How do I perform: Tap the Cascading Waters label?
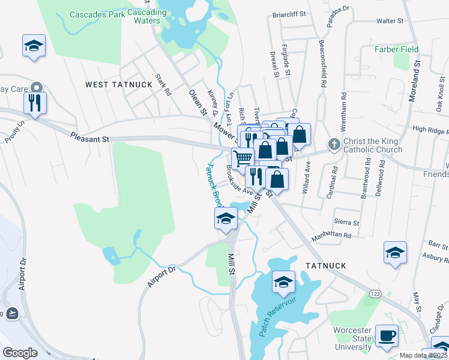pyautogui.click(x=146, y=16)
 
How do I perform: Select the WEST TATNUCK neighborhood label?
pyautogui.click(x=119, y=85)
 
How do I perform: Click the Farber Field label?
pyautogui.click(x=397, y=49)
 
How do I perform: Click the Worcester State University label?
pyautogui.click(x=353, y=338)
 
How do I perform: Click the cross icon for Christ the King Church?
pyautogui.click(x=334, y=144)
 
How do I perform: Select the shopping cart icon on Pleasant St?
pyautogui.click(x=243, y=158)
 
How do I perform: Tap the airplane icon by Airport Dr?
pyautogui.click(x=11, y=313)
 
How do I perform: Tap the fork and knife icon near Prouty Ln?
pyautogui.click(x=35, y=102)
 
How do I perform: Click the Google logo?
pyautogui.click(x=20, y=353)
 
